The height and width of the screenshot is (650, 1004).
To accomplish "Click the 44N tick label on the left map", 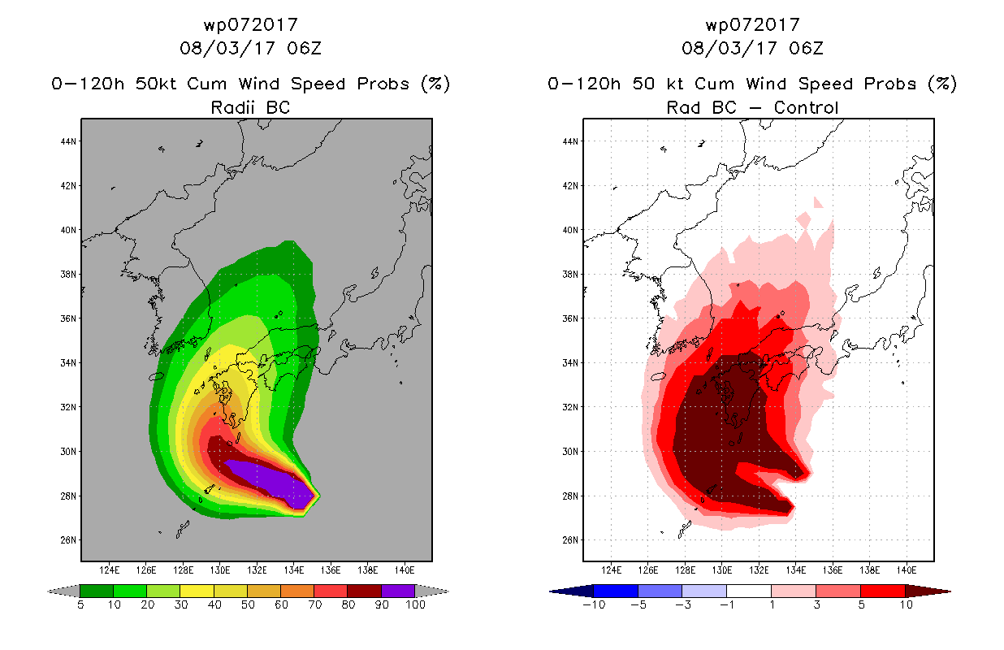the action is pos(68,141).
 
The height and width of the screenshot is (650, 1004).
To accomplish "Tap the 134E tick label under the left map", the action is pos(293,570).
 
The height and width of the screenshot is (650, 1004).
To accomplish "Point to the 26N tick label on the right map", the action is pos(570,540).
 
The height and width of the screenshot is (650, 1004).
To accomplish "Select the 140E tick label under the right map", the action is pos(907,570).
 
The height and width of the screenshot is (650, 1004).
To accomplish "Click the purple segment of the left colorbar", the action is pos(398,591).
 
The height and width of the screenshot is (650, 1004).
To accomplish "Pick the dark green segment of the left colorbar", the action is pos(97,591).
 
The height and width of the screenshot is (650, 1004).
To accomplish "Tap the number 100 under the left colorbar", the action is pos(416,604).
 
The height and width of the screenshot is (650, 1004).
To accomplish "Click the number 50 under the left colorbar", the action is pos(248,604).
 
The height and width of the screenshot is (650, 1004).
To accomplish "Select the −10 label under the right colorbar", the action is pos(594,604).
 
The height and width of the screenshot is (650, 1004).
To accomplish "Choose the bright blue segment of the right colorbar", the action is pos(616,591).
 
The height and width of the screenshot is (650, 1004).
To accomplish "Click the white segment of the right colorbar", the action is pos(749,591).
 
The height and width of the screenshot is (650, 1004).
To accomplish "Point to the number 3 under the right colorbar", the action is pos(816,604).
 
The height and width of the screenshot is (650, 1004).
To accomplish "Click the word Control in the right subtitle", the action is pos(806,108).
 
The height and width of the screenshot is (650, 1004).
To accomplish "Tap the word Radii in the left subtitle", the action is pos(232,107).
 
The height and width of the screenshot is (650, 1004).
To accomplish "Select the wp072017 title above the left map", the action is pos(251,25).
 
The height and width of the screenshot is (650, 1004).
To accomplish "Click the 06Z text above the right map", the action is pos(806,49).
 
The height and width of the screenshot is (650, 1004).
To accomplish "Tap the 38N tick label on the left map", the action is pos(68,275).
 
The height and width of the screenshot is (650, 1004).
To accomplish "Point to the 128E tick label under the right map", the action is pos(686,570).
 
